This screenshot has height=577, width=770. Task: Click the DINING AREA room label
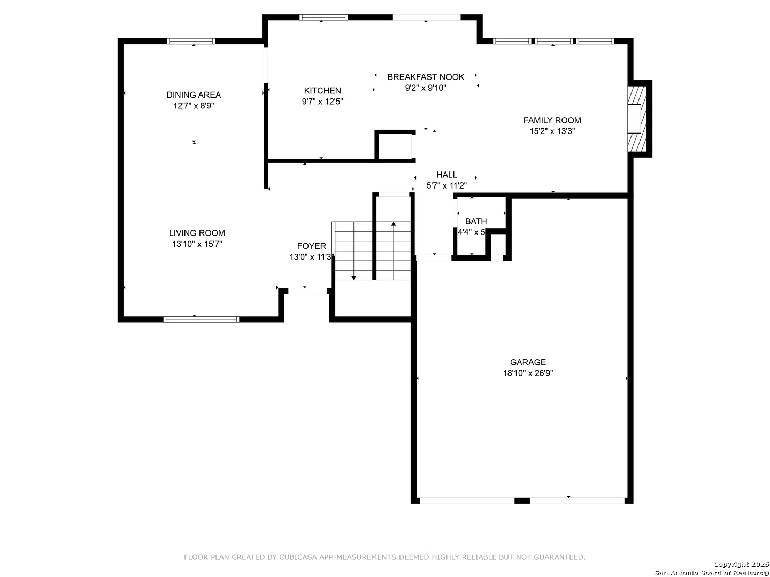(194, 95)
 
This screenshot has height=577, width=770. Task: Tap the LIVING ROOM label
(197, 233)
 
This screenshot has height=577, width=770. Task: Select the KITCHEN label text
(322, 91)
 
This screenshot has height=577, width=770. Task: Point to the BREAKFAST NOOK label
(426, 77)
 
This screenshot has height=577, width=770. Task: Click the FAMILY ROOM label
(552, 120)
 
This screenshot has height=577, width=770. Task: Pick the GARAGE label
(528, 362)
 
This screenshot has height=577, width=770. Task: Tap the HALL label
(446, 175)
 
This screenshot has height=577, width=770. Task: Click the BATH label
(476, 221)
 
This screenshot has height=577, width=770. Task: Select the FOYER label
(312, 246)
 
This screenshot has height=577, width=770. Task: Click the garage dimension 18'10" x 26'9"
(528, 373)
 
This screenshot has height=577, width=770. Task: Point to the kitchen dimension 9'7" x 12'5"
(322, 102)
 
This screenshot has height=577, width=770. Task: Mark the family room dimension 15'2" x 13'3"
(552, 131)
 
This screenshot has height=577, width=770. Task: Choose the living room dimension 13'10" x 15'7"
(197, 244)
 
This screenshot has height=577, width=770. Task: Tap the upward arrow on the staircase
(394, 224)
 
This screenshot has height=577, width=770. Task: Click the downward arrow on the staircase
(353, 277)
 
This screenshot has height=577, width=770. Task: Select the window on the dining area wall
(191, 41)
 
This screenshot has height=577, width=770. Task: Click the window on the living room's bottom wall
(201, 319)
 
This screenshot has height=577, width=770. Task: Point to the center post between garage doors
(522, 501)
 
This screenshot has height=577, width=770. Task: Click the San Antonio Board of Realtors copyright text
(711, 572)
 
